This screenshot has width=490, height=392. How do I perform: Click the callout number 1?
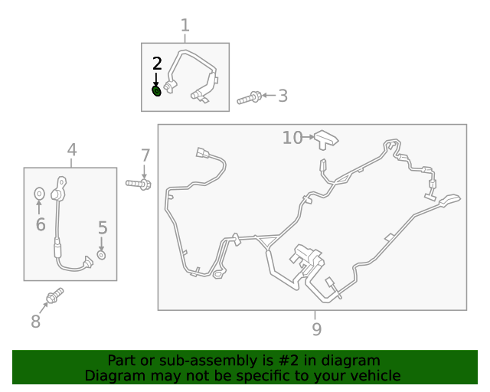[x=185, y=25]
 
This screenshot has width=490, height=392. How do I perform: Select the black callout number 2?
[x=157, y=64]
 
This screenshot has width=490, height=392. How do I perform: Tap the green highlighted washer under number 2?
[x=156, y=91]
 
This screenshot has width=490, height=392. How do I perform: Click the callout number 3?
[x=283, y=96]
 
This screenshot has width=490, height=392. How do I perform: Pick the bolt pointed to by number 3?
[x=250, y=97]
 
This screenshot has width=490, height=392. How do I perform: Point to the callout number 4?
[x=72, y=150]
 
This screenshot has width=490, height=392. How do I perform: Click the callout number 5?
[x=103, y=227]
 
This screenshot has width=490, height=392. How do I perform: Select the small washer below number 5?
[x=101, y=255]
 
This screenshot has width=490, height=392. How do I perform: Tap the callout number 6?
[x=41, y=224]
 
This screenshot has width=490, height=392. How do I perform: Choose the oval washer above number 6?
[x=39, y=194]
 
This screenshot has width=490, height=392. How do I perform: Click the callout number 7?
[x=145, y=155]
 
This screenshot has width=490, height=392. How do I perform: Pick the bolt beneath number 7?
[x=139, y=184]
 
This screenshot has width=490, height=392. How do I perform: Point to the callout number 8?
[x=36, y=321]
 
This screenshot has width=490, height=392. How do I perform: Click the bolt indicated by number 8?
[x=55, y=296]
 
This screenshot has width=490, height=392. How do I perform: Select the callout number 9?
[x=316, y=329]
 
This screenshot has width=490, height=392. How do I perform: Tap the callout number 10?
[x=292, y=138]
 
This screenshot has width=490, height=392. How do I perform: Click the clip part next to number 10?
[x=326, y=140]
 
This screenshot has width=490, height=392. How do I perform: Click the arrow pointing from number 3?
[x=269, y=96]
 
